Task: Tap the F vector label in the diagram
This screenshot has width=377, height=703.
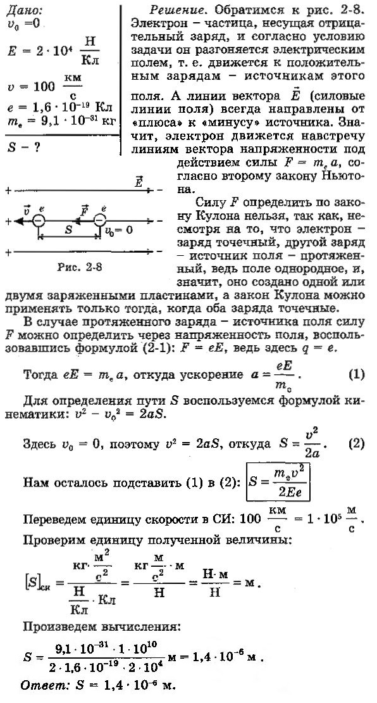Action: coord(83,210)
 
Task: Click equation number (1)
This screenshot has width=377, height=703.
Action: coord(357,373)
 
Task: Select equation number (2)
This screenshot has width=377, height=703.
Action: coord(357,443)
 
